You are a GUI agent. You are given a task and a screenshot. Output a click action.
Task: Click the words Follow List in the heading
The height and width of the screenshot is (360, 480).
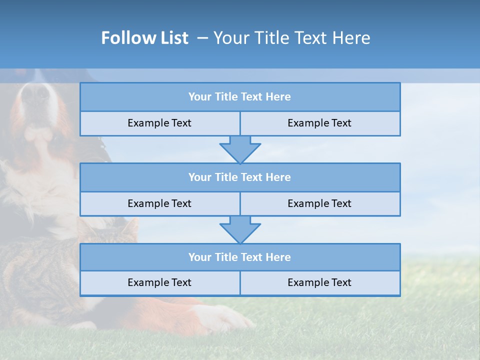pos(144,38)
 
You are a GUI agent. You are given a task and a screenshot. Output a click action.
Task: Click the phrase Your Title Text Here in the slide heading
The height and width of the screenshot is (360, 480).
pos(292,38)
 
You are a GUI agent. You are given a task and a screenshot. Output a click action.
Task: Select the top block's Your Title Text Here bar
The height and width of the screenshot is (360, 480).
pos(239,97)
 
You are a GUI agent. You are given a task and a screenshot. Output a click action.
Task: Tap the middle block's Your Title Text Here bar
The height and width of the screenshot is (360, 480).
pos(239,177)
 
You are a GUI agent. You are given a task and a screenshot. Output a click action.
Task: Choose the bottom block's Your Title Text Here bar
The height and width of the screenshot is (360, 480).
pos(239,257)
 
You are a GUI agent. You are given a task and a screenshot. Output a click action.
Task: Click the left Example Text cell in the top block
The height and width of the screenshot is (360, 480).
pos(159,123)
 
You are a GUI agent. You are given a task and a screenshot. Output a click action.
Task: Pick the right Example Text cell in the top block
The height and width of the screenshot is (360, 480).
pos(319,123)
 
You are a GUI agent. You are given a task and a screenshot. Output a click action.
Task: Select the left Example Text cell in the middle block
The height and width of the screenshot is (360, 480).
pos(159,203)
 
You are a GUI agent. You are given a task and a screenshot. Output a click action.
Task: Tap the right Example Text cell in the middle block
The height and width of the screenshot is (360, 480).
pos(319,203)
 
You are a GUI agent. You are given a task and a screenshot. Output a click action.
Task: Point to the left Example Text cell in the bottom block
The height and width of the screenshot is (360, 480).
pos(159,282)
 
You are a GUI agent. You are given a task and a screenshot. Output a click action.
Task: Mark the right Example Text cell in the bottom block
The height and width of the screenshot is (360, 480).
pos(319,282)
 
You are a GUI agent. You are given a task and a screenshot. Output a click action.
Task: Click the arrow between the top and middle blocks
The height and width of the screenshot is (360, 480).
pos(240,149)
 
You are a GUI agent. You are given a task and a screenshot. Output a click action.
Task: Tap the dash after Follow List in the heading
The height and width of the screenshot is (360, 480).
pos(202,38)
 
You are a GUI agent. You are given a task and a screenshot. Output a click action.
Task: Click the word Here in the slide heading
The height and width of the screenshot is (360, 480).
pos(352,38)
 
